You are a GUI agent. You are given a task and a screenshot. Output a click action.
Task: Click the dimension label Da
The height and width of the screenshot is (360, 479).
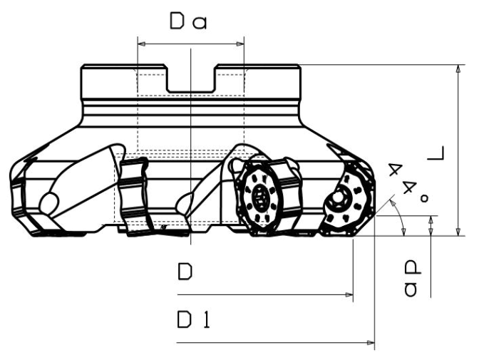pos(188,21)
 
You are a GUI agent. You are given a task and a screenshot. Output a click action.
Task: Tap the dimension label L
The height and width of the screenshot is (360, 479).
pos(436,154)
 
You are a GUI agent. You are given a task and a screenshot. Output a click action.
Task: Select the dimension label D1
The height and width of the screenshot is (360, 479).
pos(194,319)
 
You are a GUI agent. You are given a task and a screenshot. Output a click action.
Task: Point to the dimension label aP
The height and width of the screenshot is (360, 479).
pos(412,279)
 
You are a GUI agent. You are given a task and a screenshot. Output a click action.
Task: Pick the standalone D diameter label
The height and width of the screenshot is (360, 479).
pos(185,272)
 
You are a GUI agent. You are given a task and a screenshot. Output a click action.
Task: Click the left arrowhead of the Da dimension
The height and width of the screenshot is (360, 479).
pos(141,44)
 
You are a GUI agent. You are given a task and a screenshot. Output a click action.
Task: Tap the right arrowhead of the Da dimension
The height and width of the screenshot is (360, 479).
pos(240,44)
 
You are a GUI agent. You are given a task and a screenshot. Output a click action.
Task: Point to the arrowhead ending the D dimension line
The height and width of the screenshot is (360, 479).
pos(349,295)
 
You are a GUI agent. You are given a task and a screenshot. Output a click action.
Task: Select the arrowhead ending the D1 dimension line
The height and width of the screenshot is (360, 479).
pos(371,343)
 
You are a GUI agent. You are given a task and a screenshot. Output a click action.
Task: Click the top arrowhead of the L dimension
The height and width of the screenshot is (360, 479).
pos(458,68)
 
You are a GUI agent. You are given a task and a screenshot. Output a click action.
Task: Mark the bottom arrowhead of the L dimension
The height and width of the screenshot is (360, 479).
pos(458,232)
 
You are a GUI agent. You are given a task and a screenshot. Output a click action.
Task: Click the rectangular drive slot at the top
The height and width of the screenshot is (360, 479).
pos(190,78)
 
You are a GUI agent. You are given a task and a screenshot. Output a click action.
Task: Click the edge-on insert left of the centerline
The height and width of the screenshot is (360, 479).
pos(134,196)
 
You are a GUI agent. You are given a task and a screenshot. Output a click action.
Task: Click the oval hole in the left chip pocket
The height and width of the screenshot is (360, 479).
pos(49,203)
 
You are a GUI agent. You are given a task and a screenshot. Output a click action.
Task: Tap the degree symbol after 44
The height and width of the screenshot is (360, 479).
pos(424,198)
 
